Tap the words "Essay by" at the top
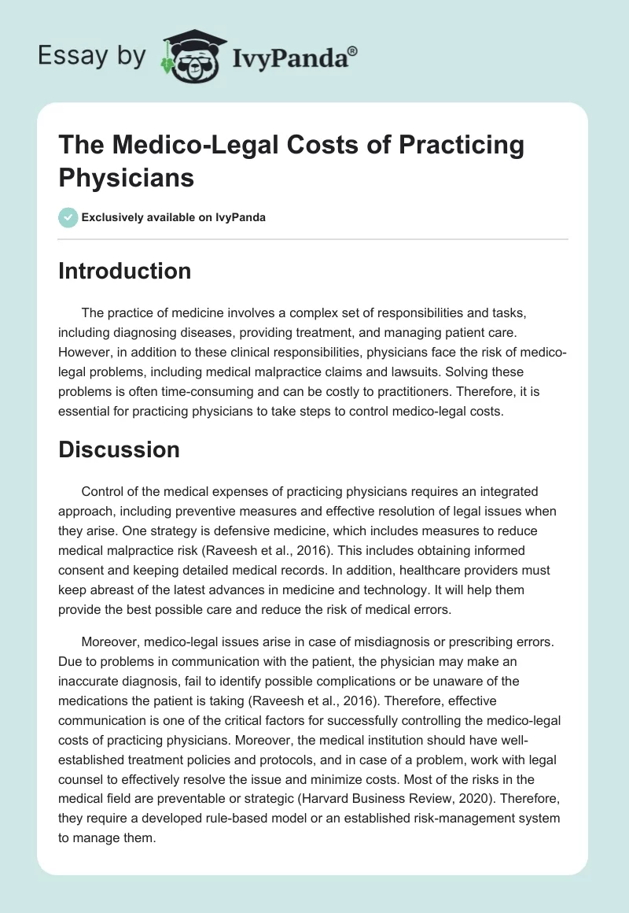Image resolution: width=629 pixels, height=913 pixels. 93,57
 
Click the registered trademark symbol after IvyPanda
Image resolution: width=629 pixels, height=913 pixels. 353,51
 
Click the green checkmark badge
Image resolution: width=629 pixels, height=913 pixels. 68,216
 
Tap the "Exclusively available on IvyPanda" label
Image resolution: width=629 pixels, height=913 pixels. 173,217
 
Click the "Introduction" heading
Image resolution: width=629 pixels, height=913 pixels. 124,271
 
